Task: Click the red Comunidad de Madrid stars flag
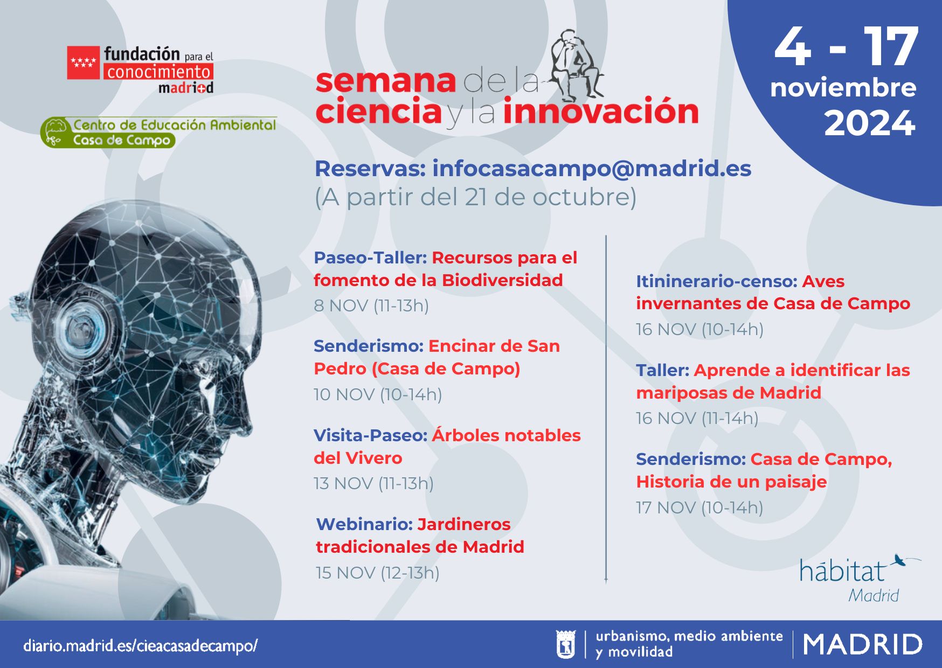click(x=83, y=63)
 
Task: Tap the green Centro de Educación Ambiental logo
click(x=158, y=133)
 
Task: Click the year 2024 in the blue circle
click(x=870, y=123)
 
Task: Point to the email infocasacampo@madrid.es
click(x=592, y=169)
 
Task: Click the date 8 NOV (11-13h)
click(x=371, y=305)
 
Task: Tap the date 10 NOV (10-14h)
click(x=378, y=394)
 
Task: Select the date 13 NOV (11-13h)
click(x=373, y=483)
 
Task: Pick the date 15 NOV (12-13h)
click(x=378, y=573)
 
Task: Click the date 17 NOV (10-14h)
click(x=699, y=507)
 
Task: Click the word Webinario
click(x=364, y=524)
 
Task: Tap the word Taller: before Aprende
click(x=662, y=370)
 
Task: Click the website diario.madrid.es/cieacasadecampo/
click(x=140, y=645)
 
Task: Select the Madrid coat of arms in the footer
click(x=565, y=644)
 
